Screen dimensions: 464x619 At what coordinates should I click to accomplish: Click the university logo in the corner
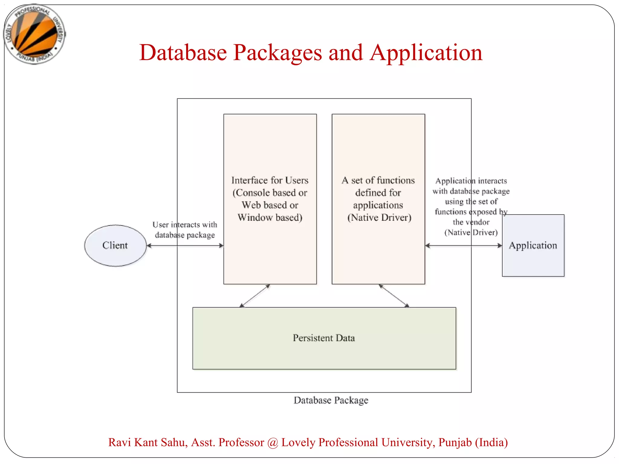click(34, 34)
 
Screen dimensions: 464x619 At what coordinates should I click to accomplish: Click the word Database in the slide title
click(183, 53)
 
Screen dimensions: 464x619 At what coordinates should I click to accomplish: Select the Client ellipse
click(115, 245)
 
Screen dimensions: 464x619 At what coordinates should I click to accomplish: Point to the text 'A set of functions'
click(378, 180)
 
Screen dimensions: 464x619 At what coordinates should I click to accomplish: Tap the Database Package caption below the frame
click(331, 400)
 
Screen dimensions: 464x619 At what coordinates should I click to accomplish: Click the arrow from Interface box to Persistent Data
click(254, 296)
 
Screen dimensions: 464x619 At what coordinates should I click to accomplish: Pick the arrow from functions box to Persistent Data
click(394, 296)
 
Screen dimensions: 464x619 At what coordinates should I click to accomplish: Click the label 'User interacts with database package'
click(185, 230)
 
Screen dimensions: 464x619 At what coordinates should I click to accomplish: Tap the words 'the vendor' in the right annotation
click(471, 222)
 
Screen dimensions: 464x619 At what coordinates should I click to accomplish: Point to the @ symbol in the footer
click(273, 443)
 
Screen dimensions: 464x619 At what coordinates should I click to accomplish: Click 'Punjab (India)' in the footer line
click(473, 443)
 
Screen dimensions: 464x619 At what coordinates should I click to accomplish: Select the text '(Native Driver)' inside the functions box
click(379, 217)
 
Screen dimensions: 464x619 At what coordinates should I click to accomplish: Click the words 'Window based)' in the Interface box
click(270, 217)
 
